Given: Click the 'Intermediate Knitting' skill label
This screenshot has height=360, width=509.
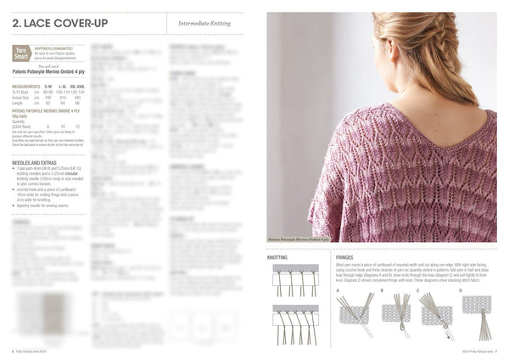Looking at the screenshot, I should pos(204,25).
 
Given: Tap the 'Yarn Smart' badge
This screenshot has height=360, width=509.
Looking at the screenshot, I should pos(22,53).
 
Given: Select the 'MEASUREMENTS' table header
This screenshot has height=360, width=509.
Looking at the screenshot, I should pos(26,87).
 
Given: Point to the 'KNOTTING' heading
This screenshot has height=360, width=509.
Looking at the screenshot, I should pos(277,256).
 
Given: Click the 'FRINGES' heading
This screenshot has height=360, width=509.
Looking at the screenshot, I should pos(344,256).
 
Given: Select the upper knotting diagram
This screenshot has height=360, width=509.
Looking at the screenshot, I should pos(295,279).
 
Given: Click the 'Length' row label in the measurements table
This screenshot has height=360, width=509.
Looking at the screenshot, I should pos(20,103).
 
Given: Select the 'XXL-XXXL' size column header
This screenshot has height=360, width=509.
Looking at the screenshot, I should pos(77,87).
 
